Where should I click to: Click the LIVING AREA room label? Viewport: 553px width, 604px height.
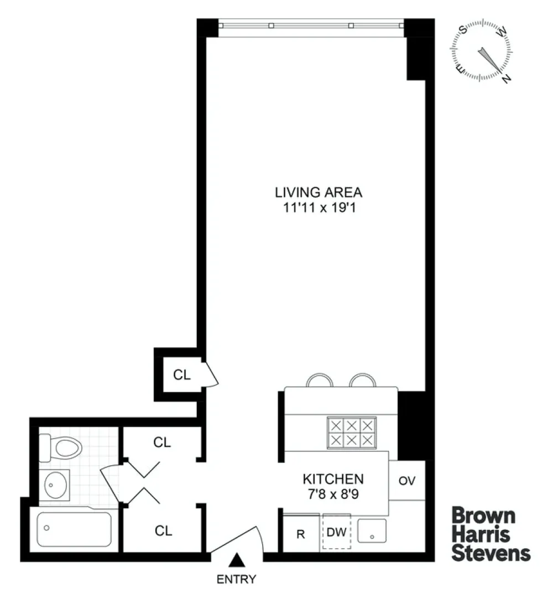point(319,192)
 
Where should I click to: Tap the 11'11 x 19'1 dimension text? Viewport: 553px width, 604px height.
point(319,207)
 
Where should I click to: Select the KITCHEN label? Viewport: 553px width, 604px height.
point(333,479)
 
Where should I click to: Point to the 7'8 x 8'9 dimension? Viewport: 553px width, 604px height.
point(333,494)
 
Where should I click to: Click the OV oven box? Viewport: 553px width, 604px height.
point(406,480)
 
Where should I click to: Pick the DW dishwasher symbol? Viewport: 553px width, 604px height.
point(337,532)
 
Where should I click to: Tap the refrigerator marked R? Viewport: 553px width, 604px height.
point(301,534)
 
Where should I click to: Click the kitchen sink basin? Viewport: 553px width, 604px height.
point(372,531)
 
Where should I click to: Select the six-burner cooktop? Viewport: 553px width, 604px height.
point(352,433)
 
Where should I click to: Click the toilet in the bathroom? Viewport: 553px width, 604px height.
point(61,447)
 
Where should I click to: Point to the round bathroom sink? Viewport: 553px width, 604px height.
point(56,485)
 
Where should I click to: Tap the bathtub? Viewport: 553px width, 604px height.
point(74,529)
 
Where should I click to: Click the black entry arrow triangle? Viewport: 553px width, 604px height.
point(237,560)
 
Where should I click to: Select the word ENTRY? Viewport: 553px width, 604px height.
point(237,579)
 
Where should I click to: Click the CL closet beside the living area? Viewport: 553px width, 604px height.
point(182,375)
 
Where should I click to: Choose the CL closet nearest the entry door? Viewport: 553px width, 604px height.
point(163,531)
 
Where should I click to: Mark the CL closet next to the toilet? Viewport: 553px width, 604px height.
point(161,442)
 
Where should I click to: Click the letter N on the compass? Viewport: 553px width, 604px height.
point(507,78)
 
